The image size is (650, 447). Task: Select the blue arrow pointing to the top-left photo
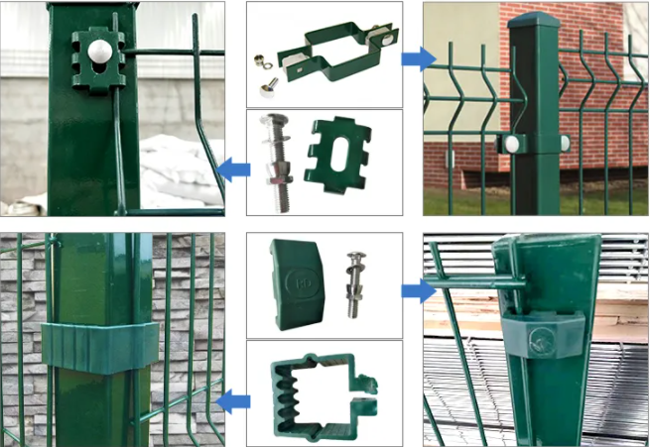coord(232,168)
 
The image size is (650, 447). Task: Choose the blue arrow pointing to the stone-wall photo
coord(232,400)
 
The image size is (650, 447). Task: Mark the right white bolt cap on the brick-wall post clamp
coord(565,143)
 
